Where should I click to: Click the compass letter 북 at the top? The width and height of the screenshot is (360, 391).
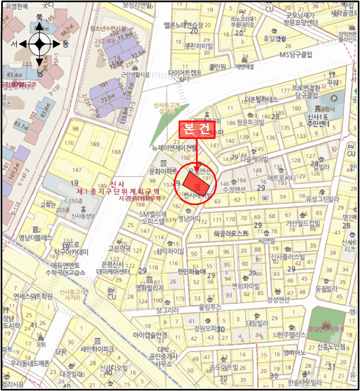[39, 17]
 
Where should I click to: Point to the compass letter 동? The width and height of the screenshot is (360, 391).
[65, 44]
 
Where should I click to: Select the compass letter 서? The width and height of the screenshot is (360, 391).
[14, 44]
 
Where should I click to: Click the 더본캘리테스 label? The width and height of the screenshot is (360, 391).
[260, 99]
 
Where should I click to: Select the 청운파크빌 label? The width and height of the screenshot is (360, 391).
[250, 121]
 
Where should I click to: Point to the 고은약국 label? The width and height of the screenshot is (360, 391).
[119, 248]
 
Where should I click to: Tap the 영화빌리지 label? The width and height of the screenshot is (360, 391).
[149, 288]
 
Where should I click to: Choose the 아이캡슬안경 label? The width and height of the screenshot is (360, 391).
[150, 335]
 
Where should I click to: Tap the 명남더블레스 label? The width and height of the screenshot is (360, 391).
[35, 237]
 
